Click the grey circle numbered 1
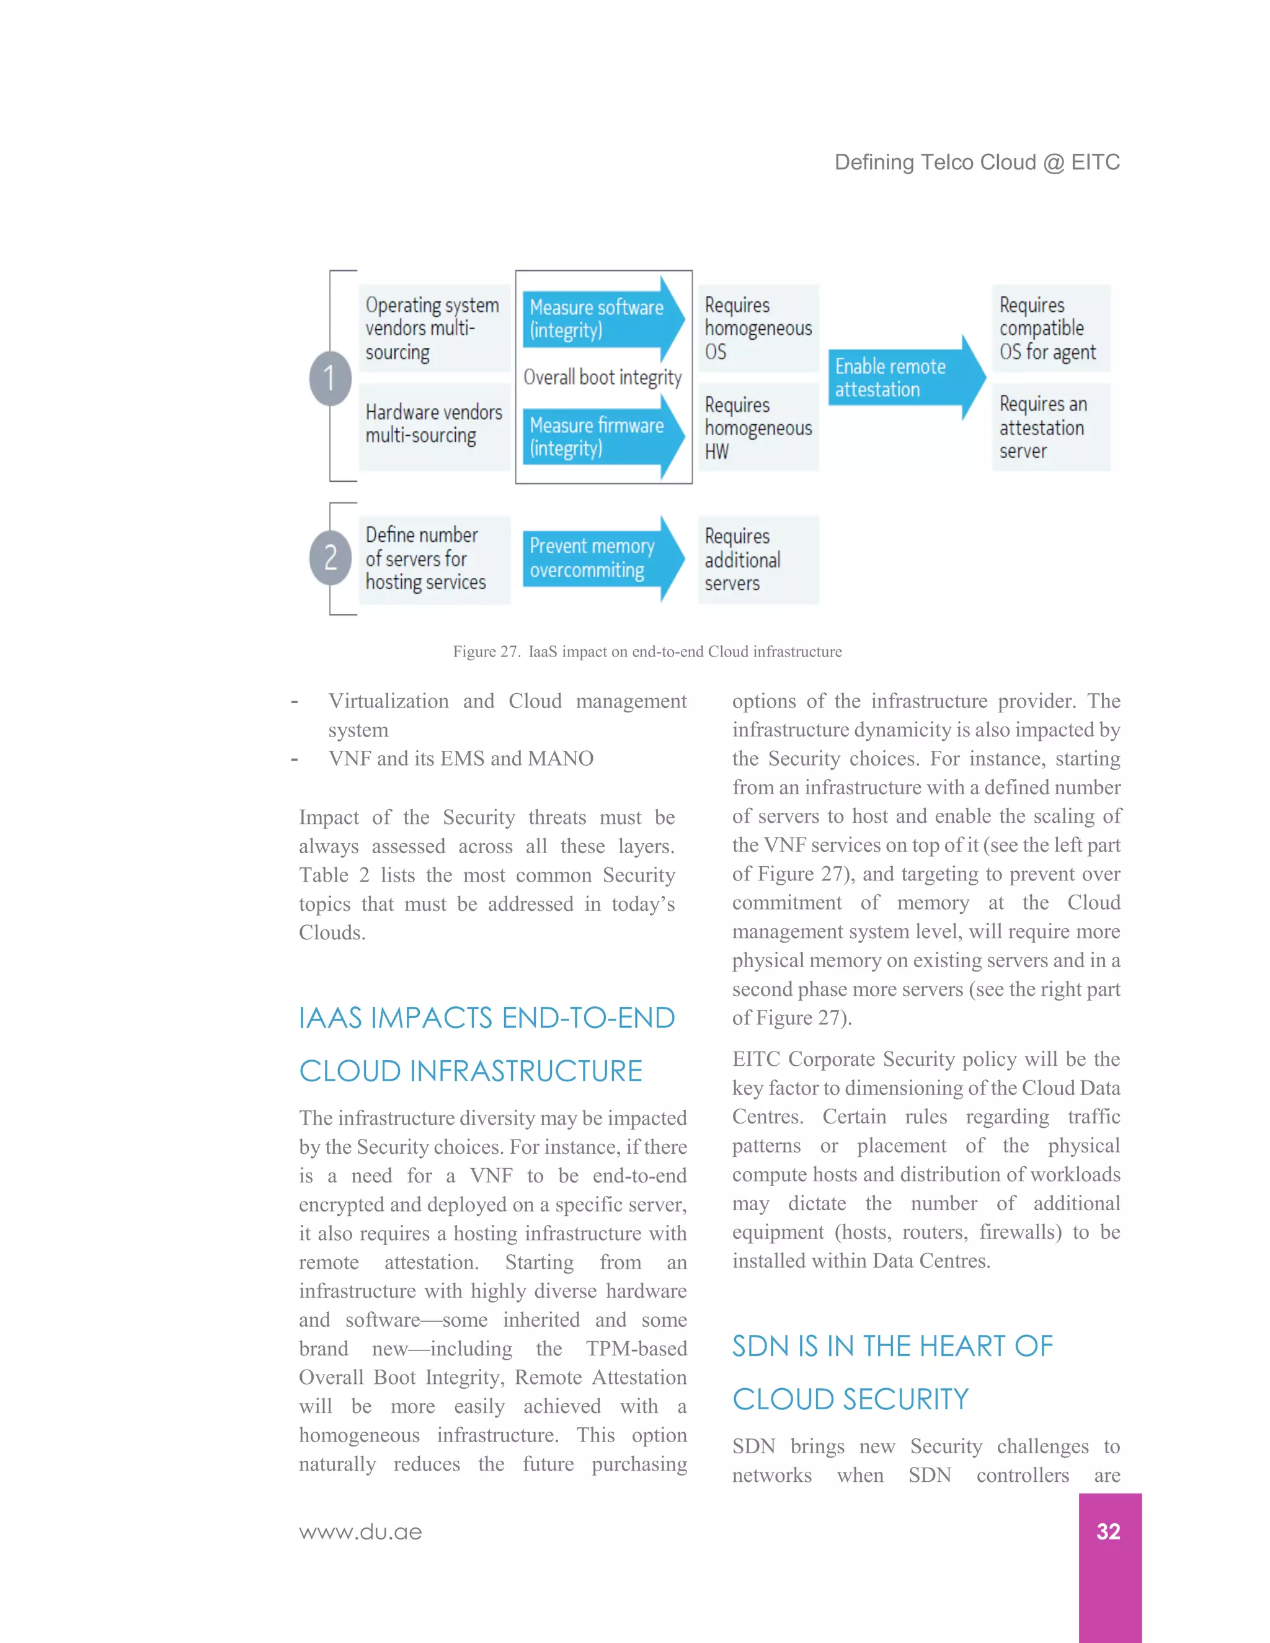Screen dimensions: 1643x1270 point(329,378)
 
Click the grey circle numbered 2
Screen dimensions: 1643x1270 point(329,557)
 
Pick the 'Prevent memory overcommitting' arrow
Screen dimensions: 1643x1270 point(599,558)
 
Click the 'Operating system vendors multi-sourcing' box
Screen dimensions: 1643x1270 point(434,328)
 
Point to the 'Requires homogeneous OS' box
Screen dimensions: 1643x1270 point(758,328)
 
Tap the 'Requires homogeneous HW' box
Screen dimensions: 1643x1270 point(758,427)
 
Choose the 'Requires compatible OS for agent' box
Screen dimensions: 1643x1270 point(1050,328)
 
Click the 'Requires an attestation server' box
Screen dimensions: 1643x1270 point(1050,427)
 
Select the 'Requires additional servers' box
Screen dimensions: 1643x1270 point(758,560)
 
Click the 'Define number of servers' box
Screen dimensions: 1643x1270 point(434,559)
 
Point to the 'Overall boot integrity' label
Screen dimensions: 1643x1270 point(602,377)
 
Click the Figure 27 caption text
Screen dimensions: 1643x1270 point(647,652)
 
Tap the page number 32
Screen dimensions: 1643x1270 point(1108,1531)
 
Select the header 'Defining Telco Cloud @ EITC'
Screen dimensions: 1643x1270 point(977,162)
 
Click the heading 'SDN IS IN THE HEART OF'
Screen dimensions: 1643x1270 point(892,1346)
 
